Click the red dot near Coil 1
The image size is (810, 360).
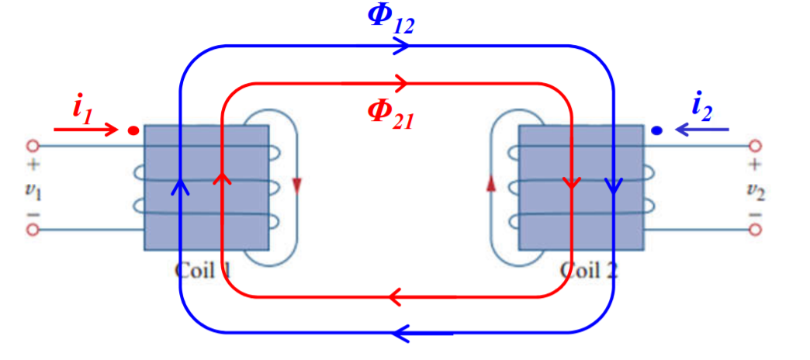[133, 130]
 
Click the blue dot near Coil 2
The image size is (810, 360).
[657, 130]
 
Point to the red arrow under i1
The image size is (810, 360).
[85, 128]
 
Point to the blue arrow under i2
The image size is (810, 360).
[701, 130]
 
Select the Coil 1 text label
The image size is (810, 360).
[203, 270]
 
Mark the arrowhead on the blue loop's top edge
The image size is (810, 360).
[401, 46]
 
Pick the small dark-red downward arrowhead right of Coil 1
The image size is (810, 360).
[296, 186]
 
